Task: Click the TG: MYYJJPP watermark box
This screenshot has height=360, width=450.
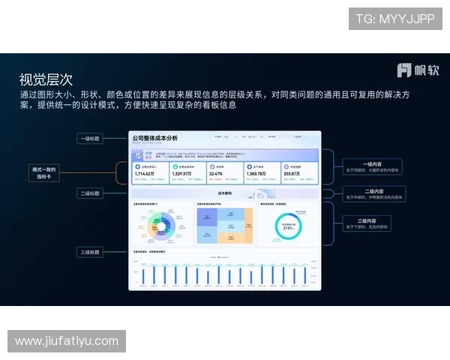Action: [395, 19]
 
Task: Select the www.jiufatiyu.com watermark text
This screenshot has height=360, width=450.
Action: [67, 341]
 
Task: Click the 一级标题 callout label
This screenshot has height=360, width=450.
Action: [91, 139]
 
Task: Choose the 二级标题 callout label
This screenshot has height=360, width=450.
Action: [91, 193]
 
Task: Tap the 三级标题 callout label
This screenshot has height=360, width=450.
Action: [91, 252]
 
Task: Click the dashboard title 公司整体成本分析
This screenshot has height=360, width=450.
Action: [155, 139]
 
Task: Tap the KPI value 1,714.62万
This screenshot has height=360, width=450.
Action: [145, 174]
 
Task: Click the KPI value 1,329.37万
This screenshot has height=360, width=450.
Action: [182, 174]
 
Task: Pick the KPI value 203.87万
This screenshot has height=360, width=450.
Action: [292, 174]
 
